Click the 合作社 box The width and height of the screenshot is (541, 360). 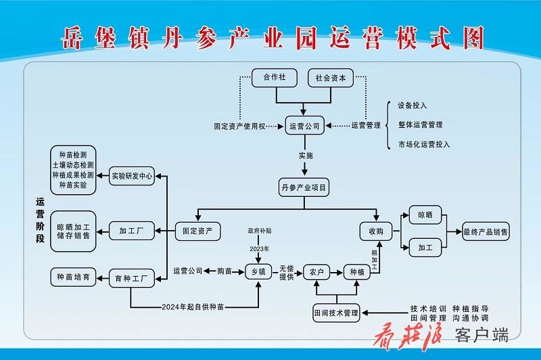coord(275,78)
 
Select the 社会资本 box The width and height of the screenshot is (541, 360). coord(331,78)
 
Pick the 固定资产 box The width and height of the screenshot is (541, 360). coord(198,231)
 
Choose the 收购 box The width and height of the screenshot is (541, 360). coord(376,231)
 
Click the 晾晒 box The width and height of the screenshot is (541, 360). coord(425,216)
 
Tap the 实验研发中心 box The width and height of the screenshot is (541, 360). coord(133,176)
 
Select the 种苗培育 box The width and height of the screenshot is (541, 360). coord(74,276)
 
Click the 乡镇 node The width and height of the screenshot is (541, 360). coord(258,272)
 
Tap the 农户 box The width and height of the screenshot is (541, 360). coord(317,272)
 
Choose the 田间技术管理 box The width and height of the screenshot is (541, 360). coord(336,313)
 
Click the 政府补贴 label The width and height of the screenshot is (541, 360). coord(259,231)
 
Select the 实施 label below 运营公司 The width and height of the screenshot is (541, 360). coord(306,156)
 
